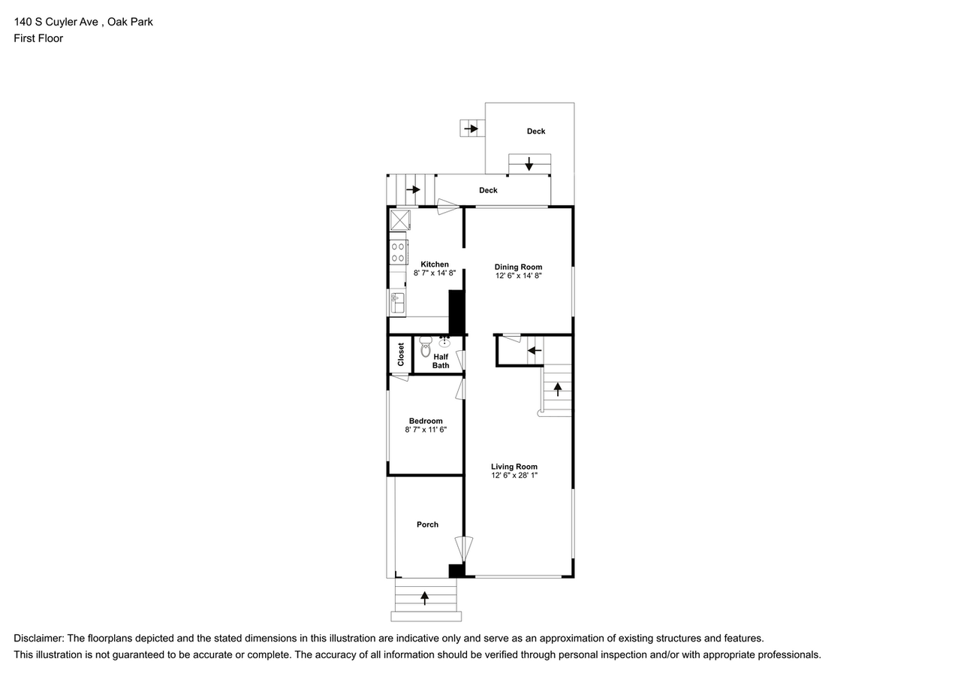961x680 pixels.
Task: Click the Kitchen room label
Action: click(434, 264)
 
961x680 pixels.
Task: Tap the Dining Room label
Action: click(518, 267)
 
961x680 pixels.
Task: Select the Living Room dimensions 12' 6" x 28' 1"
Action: click(514, 476)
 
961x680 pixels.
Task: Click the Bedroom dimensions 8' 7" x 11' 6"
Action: click(426, 430)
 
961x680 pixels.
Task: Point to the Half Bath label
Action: click(441, 361)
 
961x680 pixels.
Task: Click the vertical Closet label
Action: click(401, 354)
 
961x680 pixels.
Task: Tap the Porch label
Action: click(427, 524)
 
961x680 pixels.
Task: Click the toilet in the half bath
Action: click(426, 347)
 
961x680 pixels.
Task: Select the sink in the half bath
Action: click(444, 343)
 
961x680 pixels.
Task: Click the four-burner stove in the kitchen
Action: click(398, 252)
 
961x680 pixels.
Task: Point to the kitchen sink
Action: click(397, 303)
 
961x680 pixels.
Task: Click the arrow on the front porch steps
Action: click(425, 598)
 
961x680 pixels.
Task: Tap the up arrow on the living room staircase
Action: click(558, 388)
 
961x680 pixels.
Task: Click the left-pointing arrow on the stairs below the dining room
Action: click(534, 350)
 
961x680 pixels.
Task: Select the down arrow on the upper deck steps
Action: click(529, 163)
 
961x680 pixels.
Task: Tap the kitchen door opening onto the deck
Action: click(448, 207)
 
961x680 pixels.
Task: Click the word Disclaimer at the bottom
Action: click(39, 638)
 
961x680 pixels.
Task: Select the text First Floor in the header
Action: click(38, 38)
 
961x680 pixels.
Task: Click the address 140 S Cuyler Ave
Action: click(57, 22)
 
